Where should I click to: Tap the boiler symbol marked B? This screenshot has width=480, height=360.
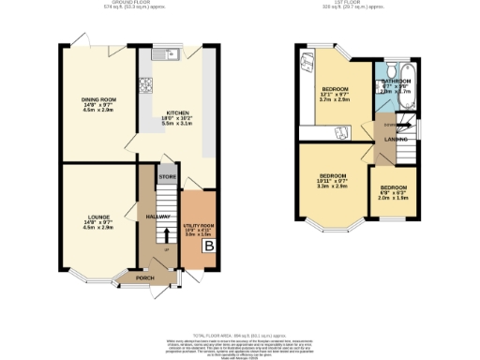coord(210,246)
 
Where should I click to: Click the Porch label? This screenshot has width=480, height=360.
coord(145,277)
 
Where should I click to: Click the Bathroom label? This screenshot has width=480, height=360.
coord(396,82)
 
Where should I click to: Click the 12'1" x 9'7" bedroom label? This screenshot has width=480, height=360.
coord(328,86)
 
